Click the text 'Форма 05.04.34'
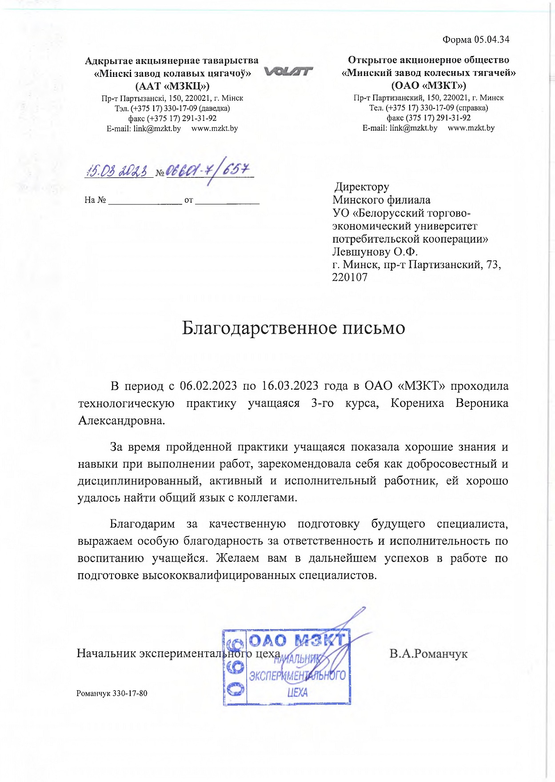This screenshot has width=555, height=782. tap(475, 40)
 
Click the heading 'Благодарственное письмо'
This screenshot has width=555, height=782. tap(294, 328)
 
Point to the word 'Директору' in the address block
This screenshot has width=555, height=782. tap(362, 187)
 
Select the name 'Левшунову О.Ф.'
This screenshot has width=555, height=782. tap(375, 252)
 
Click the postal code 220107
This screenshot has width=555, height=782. tap(350, 278)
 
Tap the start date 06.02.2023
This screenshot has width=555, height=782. tap(208, 386)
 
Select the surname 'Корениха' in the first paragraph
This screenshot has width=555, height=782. tap(417, 403)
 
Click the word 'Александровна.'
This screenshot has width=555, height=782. tap(122, 420)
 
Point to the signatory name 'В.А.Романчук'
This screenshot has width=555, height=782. tap(428, 654)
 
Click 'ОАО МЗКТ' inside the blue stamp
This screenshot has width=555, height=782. tap(297, 640)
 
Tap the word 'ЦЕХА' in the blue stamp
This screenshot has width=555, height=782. tap(297, 692)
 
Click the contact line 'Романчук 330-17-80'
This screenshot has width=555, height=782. tap(112, 693)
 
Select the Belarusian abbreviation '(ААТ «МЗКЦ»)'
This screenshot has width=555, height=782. tap(172, 86)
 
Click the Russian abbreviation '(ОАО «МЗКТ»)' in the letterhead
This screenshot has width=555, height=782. tap(428, 85)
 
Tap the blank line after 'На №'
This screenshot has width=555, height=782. tap(145, 200)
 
